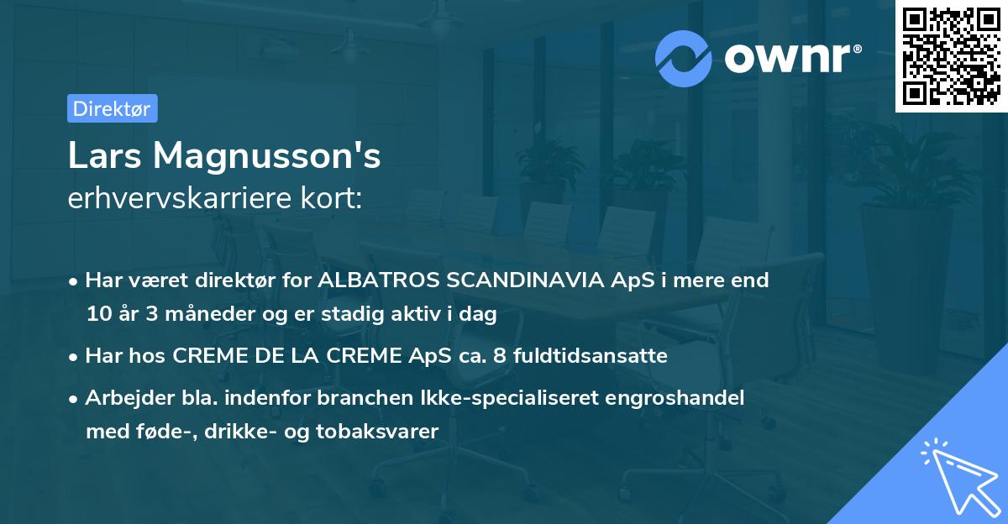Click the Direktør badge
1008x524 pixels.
click(112, 108)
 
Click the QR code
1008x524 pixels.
click(951, 55)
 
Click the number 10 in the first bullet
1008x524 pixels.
click(97, 315)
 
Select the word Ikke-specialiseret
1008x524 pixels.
click(488, 398)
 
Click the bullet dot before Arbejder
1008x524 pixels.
click(75, 399)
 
